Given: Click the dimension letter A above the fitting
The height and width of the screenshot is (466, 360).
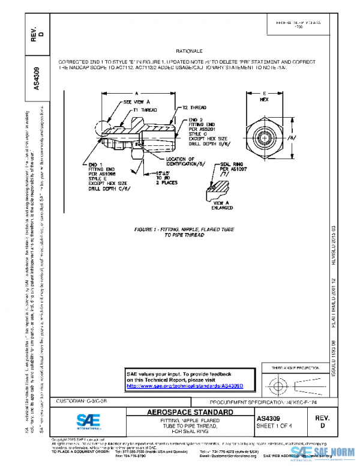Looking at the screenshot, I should tap(137, 94).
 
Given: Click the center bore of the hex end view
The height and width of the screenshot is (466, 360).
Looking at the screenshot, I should tap(265, 138).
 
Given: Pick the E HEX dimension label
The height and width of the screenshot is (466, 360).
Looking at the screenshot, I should tap(265, 97).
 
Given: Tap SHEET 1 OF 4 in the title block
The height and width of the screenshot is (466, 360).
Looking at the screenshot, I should tap(274, 426).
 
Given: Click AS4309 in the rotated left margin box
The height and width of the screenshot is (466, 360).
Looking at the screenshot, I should tap(36, 76).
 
